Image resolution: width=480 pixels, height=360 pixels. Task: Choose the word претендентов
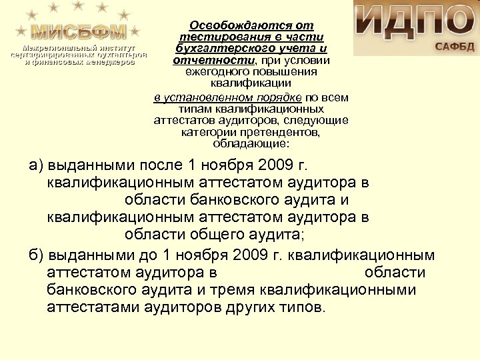click(279, 133)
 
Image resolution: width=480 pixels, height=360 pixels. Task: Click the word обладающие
click(251, 143)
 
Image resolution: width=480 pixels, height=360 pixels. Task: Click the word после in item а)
click(159, 165)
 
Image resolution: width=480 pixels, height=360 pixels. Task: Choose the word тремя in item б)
click(250, 291)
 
